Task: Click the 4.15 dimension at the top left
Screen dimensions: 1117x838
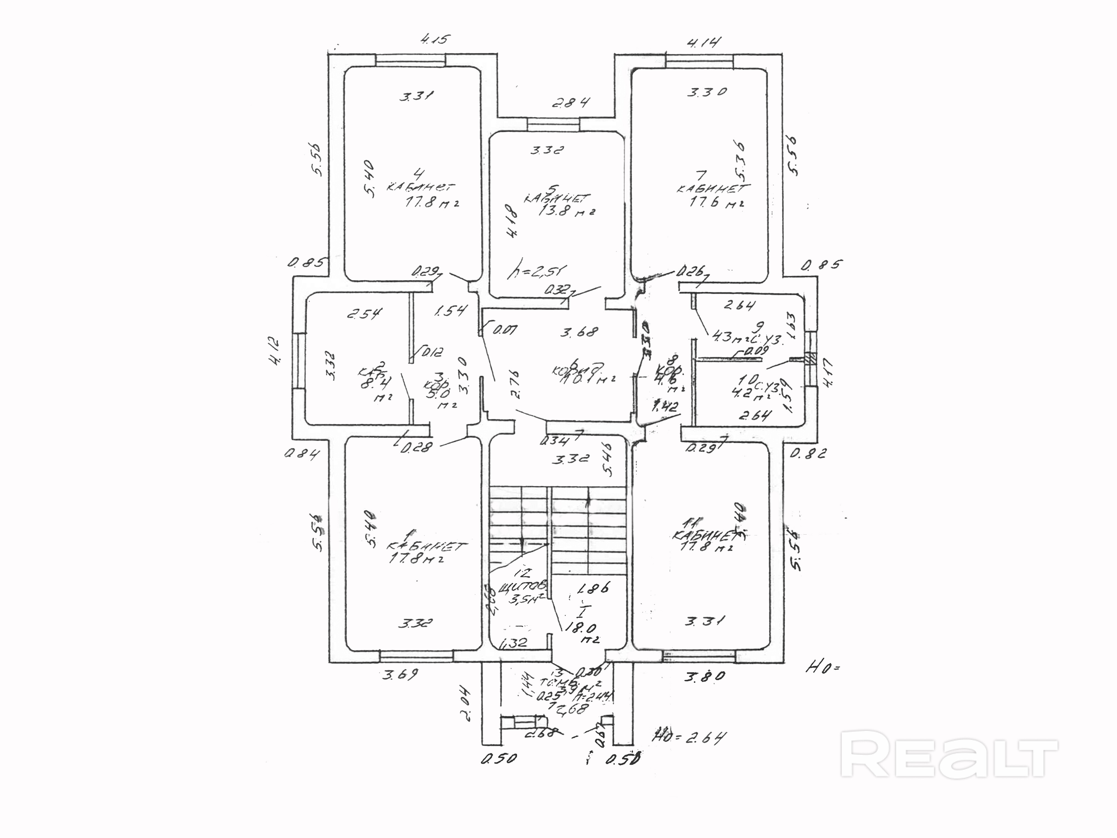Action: [434, 39]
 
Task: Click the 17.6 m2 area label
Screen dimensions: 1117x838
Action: [717, 203]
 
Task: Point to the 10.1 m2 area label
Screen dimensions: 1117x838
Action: [588, 378]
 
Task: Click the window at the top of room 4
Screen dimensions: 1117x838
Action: [410, 60]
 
